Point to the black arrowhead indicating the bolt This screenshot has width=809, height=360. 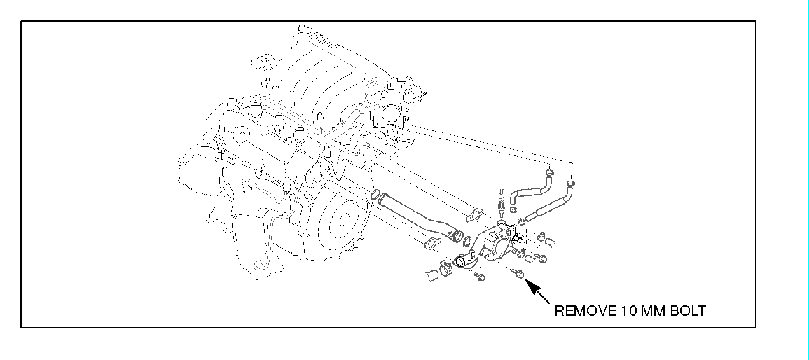point(530,284)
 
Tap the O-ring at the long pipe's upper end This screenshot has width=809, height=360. point(376,195)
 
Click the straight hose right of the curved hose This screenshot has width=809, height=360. point(553,203)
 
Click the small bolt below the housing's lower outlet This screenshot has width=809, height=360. point(480,278)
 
